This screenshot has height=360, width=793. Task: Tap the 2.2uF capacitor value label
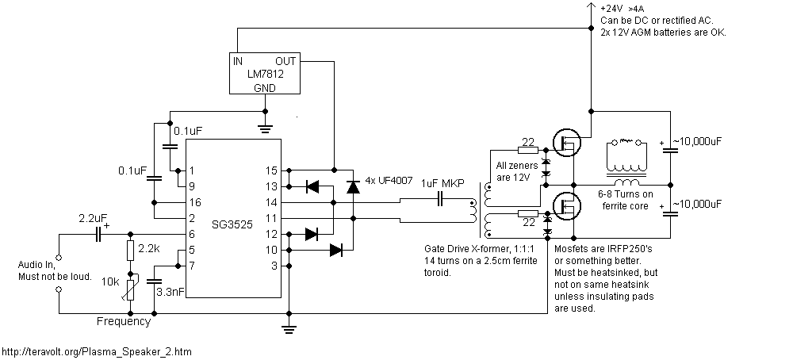[x=94, y=216]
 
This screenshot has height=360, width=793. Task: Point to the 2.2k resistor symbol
[x=131, y=251]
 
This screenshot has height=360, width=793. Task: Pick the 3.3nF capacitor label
[x=171, y=293]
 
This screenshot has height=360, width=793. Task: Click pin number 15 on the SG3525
[x=272, y=170]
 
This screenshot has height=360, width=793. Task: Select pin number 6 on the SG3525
[x=191, y=234]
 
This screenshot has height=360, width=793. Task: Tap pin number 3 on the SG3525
[x=274, y=266]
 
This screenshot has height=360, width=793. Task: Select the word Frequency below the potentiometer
[x=123, y=322]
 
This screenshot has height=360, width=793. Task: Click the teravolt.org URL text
[x=96, y=351]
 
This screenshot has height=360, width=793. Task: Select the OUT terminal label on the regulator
[x=285, y=60]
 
